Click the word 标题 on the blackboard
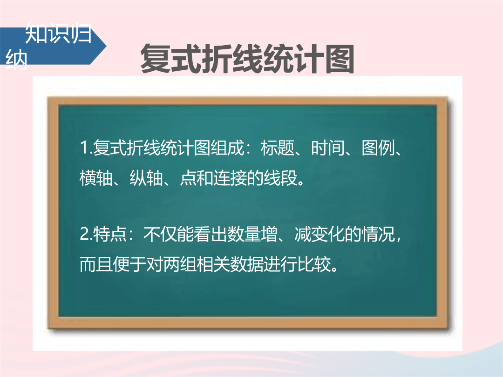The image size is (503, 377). coord(278,148)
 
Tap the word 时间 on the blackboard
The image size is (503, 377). coord(328,148)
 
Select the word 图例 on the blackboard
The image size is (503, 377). coord(378,148)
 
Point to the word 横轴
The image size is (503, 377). coord(96,178)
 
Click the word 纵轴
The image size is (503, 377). coord(146,178)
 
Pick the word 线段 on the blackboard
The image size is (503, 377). coord(280,178)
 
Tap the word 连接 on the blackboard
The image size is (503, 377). coord(230,178)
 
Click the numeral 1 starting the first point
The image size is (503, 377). coord(84,148)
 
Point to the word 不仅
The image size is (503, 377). coord(160,234)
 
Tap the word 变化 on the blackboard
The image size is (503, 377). coord(328,234)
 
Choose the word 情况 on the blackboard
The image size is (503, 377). coord(378,234)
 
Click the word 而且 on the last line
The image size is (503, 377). coord(96,264)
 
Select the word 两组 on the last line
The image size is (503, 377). coord(180,264)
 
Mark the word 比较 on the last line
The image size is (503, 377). coord(314,264)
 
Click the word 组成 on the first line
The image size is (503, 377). coord(227,148)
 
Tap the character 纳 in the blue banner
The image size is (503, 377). coord(16,59)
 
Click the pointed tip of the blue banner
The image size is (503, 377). coord(107,46)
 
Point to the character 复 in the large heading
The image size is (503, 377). coord(156,59)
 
